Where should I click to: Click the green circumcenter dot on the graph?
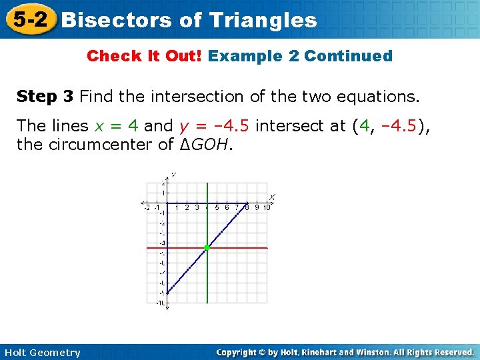click(207, 247)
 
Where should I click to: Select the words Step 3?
click(45, 97)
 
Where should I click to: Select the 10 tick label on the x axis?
click(266, 207)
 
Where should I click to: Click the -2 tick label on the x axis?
click(147, 207)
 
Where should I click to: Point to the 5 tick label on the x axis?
click(217, 207)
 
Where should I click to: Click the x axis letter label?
click(272, 196)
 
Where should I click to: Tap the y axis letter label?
click(173, 175)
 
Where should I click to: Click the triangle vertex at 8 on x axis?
click(247, 203)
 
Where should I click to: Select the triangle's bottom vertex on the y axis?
click(167, 293)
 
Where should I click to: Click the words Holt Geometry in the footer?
click(41, 353)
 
